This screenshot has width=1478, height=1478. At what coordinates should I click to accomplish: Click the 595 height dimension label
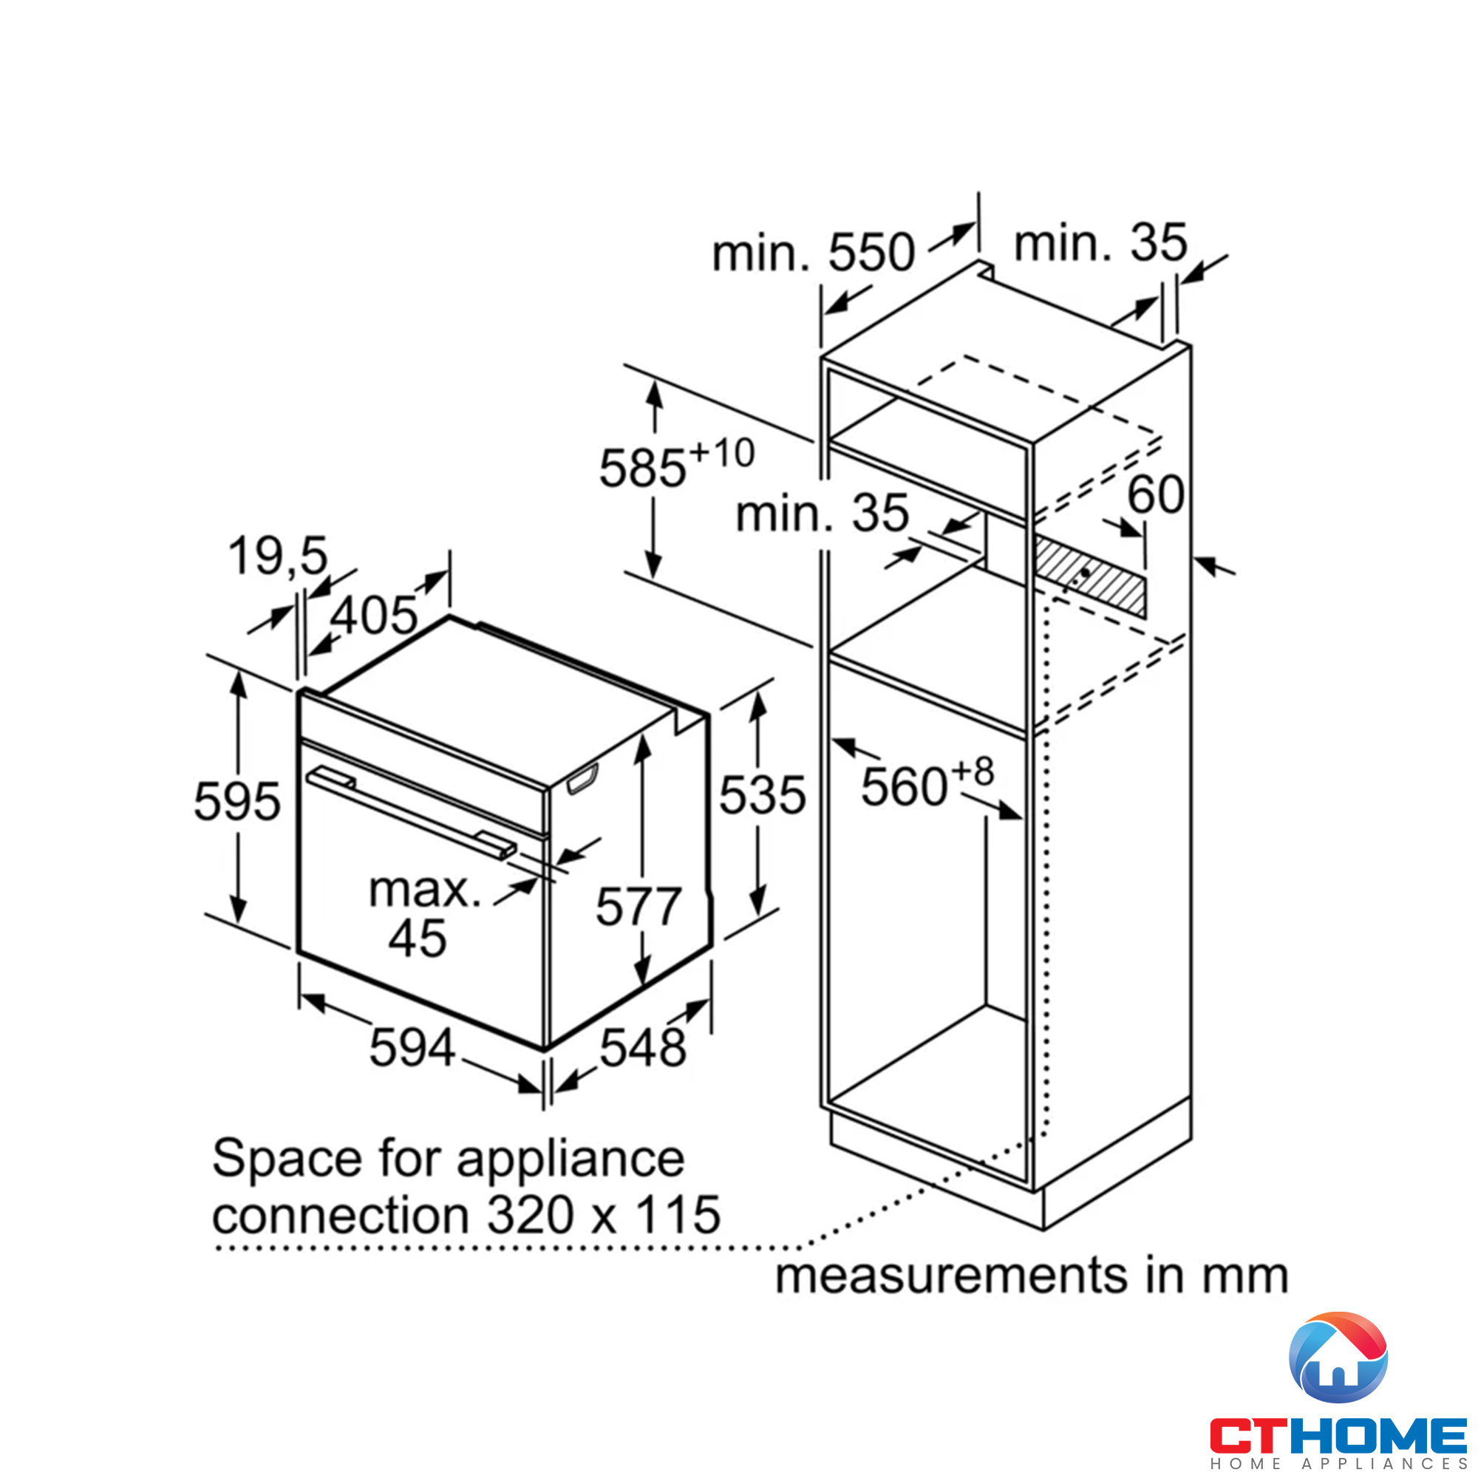pos(237,802)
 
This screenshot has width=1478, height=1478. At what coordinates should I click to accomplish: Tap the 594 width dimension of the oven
pos(412,1047)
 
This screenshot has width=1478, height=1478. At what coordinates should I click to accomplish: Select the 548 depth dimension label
pos(643,1047)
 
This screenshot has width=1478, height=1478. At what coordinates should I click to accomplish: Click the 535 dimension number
pos(762,795)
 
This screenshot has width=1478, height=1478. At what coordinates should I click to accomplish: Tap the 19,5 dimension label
pos(278,556)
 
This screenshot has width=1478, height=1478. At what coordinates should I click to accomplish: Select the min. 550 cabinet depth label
pos(812,253)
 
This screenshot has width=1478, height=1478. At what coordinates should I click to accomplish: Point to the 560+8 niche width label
pos(927,785)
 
